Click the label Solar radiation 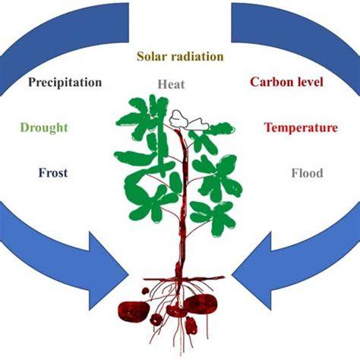pos(180,56)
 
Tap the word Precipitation pos(65,83)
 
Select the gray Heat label pos(172,84)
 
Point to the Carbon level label pos(287,82)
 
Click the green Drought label pos(44,128)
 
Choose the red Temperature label pos(301,128)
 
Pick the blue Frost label pos(53,173)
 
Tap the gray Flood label pos(308,173)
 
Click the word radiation pos(197,56)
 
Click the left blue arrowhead pos(108,271)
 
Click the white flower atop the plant pos(188,120)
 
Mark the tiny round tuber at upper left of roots pos(145,291)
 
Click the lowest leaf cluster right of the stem pos(213,218)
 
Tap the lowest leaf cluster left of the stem pos(150,205)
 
